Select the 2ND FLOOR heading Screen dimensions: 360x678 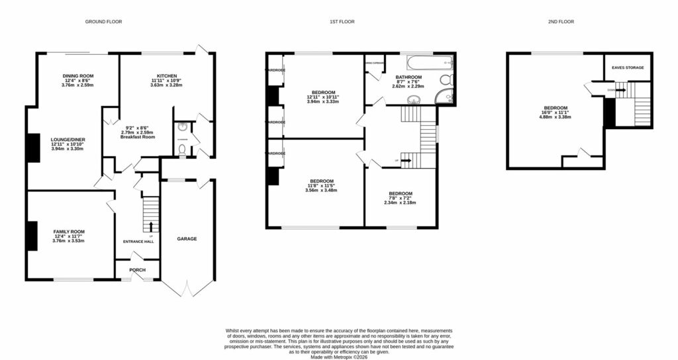tap(560, 22)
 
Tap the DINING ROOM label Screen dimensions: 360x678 tap(78, 76)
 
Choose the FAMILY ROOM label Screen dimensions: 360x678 tap(70, 232)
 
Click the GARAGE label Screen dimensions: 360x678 tap(186, 239)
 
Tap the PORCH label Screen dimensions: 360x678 tap(137, 270)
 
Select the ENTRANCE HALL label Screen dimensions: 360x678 tap(138, 242)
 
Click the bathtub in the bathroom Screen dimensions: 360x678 tap(429, 65)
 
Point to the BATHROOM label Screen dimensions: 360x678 tap(409, 77)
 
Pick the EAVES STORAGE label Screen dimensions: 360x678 tap(628, 67)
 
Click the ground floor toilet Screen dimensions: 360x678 tap(183, 150)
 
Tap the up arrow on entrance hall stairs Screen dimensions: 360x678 tap(151, 227)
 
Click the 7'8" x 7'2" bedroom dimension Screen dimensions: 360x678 tap(401, 198)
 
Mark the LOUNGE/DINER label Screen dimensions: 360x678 tap(68, 140)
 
